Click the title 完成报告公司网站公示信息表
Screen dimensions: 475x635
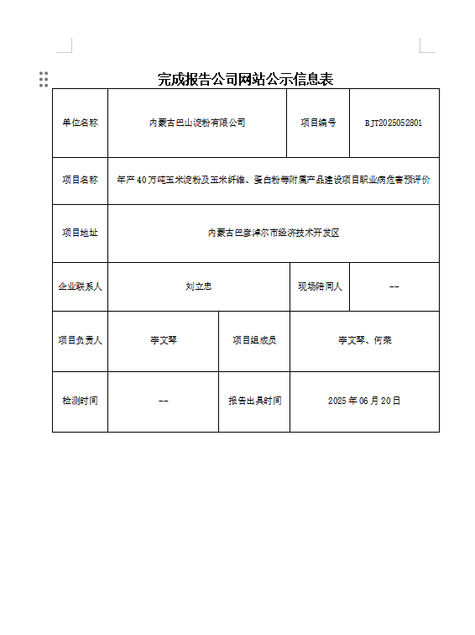click(245, 79)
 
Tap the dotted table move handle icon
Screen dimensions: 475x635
click(44, 79)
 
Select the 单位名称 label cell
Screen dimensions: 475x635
click(80, 123)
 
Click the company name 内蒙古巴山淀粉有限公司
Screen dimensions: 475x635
click(197, 123)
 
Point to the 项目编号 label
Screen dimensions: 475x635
click(318, 123)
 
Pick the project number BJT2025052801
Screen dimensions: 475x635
click(394, 123)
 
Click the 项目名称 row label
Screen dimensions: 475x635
click(80, 180)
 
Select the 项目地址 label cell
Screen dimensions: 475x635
click(80, 233)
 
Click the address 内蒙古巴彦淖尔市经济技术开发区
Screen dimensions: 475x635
click(273, 233)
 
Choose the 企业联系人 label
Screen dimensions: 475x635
click(80, 286)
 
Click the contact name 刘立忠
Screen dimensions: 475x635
click(198, 286)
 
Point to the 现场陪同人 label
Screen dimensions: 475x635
click(320, 286)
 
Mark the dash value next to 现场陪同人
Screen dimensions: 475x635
click(394, 286)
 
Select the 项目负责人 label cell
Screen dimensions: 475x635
click(80, 340)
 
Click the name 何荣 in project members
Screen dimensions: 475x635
click(383, 340)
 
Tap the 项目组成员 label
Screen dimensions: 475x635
click(254, 340)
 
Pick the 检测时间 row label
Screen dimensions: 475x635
click(80, 401)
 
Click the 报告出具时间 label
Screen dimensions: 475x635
click(254, 401)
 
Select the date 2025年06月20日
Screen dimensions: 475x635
click(364, 401)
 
